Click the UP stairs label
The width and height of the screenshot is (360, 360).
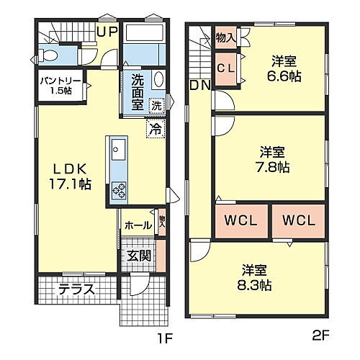(x=107, y=31)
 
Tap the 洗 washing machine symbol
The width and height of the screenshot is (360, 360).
(x=156, y=107)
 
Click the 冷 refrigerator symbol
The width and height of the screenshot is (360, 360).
(x=154, y=130)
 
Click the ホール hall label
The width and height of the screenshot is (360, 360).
(x=138, y=225)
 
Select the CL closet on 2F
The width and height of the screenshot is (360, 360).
(x=225, y=68)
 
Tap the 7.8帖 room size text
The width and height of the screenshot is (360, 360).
(x=274, y=167)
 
